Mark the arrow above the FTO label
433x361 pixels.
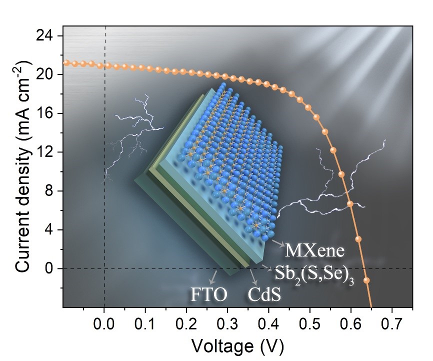[x=213, y=276]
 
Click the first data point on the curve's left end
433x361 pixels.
[x=66, y=63]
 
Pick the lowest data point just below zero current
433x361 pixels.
[x=366, y=280]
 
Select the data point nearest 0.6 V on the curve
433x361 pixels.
[x=350, y=203]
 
